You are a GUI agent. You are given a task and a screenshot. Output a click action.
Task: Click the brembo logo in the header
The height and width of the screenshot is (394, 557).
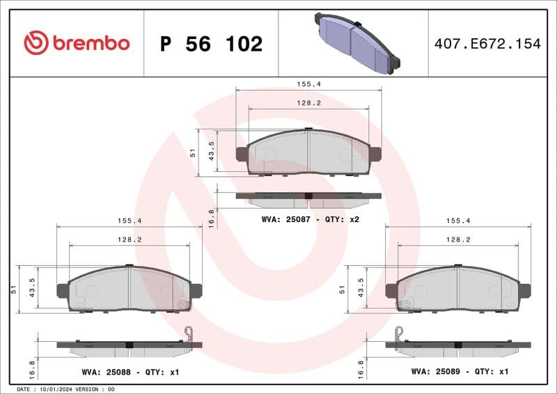coord(77,43)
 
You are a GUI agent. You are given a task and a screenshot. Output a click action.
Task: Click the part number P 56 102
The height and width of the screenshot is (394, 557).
coord(211,44)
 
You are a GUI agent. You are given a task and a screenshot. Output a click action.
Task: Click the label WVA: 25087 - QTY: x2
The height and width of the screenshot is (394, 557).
coord(310,219)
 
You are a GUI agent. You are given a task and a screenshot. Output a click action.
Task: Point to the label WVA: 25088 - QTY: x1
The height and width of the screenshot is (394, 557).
coord(130,372)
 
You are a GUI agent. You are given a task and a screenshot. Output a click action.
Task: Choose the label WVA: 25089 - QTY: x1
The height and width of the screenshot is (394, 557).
coord(460,372)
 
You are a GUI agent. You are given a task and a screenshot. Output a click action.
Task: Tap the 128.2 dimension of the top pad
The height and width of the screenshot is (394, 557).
coord(308,102)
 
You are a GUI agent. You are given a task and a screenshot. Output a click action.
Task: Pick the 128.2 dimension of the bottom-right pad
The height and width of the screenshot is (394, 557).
coord(458,239)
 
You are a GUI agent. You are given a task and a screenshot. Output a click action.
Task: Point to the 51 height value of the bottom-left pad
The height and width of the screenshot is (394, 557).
coord(13,290)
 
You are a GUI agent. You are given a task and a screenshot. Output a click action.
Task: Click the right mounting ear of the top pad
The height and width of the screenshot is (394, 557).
coord(375,154)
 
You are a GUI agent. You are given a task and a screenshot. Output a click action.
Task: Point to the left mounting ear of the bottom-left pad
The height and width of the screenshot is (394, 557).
coord(63,291)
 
